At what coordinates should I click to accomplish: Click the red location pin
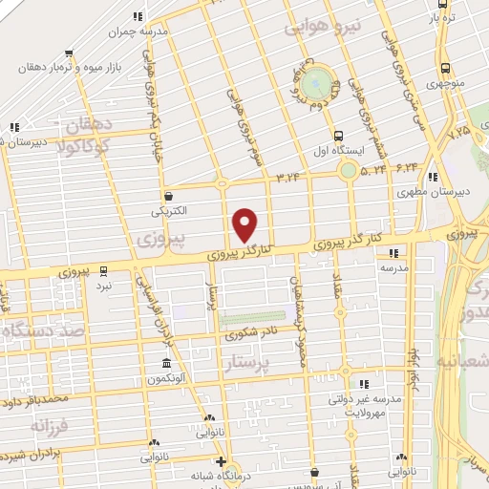245,224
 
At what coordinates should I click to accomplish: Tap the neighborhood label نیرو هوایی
316,30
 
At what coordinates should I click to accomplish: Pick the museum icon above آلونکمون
166,364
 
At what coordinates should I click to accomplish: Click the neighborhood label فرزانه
48,423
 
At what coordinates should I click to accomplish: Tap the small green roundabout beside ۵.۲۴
348,172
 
